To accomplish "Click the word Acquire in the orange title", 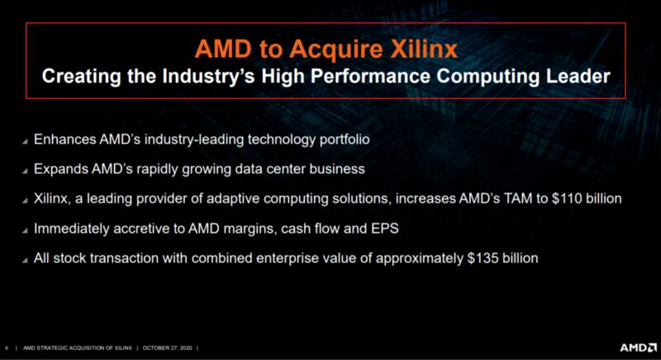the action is pyautogui.click(x=336, y=50).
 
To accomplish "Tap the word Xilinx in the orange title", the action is pyautogui.click(x=423, y=49).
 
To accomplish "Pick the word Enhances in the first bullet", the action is pyautogui.click(x=65, y=139).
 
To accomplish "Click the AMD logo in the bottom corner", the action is pyautogui.click(x=638, y=348).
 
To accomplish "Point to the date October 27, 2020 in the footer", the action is pyautogui.click(x=168, y=348).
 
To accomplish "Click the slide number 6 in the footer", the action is pyautogui.click(x=7, y=348).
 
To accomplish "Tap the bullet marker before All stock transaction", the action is pyautogui.click(x=25, y=260).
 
